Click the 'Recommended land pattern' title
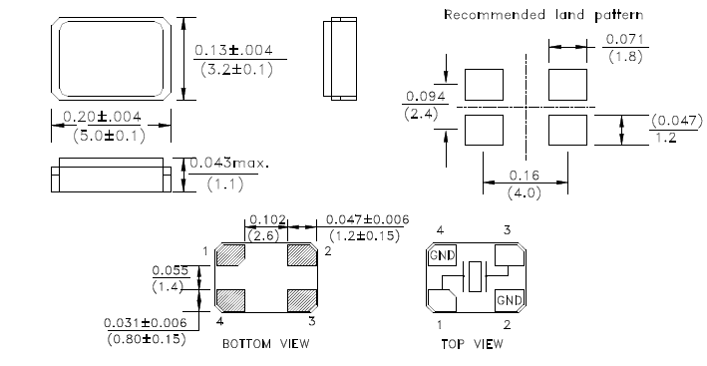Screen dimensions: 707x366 [543, 15]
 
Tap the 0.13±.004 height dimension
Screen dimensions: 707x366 [233, 50]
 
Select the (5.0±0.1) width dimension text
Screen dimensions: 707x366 [110, 136]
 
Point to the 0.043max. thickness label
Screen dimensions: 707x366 [229, 163]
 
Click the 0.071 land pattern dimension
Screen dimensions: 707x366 [625, 39]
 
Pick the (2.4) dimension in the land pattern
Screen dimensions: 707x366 [421, 114]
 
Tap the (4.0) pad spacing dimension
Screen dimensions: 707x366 [525, 192]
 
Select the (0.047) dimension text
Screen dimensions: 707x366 [677, 121]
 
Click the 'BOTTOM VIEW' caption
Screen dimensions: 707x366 [266, 344]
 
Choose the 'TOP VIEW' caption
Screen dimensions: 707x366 [472, 344]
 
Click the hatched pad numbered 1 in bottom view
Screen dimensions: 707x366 [230, 254]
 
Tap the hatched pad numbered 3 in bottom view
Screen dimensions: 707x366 [302, 300]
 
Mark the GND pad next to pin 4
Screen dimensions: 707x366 [443, 255]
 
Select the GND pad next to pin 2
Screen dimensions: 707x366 [510, 300]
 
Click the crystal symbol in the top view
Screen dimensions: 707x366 [475, 276]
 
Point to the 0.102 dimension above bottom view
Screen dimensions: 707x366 [267, 219]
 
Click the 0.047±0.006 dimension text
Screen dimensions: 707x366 [368, 219]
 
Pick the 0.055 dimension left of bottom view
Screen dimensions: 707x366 [170, 270]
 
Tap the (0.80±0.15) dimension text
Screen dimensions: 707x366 [147, 339]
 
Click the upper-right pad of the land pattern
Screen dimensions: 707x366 [567, 85]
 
